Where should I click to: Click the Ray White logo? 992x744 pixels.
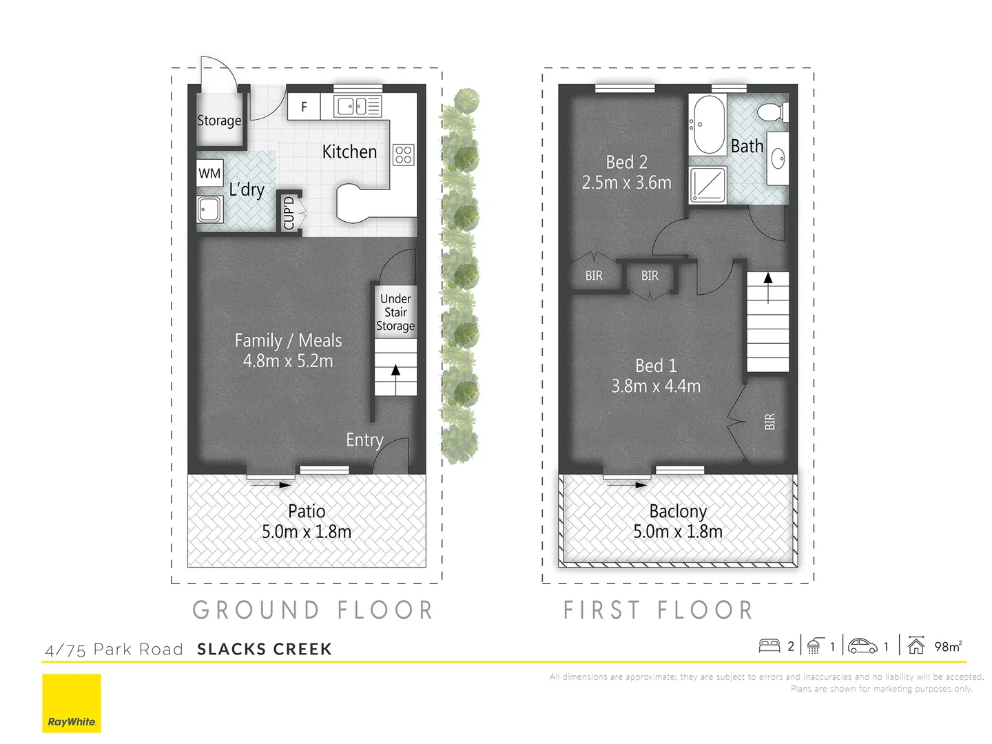tap(72, 703)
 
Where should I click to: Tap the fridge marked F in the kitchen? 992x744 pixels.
tap(304, 107)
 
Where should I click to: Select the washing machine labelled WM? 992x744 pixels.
tap(209, 173)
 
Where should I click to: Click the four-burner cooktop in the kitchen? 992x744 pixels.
tap(404, 154)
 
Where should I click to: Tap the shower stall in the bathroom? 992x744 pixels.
tap(708, 185)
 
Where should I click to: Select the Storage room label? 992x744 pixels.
tap(219, 121)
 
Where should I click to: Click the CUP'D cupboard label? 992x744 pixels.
tap(289, 213)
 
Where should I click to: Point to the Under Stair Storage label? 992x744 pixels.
tap(395, 312)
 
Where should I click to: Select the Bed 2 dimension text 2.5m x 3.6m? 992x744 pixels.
tap(626, 183)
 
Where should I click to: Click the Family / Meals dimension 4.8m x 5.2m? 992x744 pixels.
tap(288, 361)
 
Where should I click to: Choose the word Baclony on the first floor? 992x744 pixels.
tap(678, 511)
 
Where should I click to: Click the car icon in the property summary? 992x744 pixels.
tap(862, 646)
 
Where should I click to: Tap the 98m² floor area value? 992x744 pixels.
tap(947, 646)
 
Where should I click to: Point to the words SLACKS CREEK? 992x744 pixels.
tap(265, 649)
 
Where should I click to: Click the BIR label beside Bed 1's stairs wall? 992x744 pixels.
tap(769, 421)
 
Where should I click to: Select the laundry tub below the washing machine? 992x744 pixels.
tap(209, 209)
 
